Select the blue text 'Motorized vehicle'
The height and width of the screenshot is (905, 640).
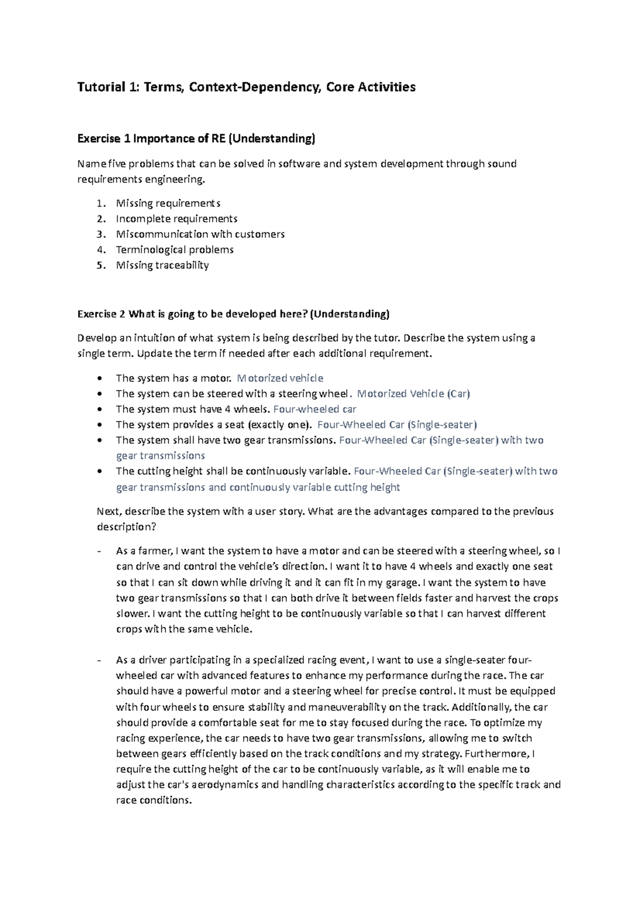click(x=280, y=378)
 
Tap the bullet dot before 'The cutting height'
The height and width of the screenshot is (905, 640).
click(x=100, y=472)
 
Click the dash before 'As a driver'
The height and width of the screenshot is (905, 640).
click(x=100, y=660)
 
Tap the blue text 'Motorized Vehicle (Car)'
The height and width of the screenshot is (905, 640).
click(x=413, y=394)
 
